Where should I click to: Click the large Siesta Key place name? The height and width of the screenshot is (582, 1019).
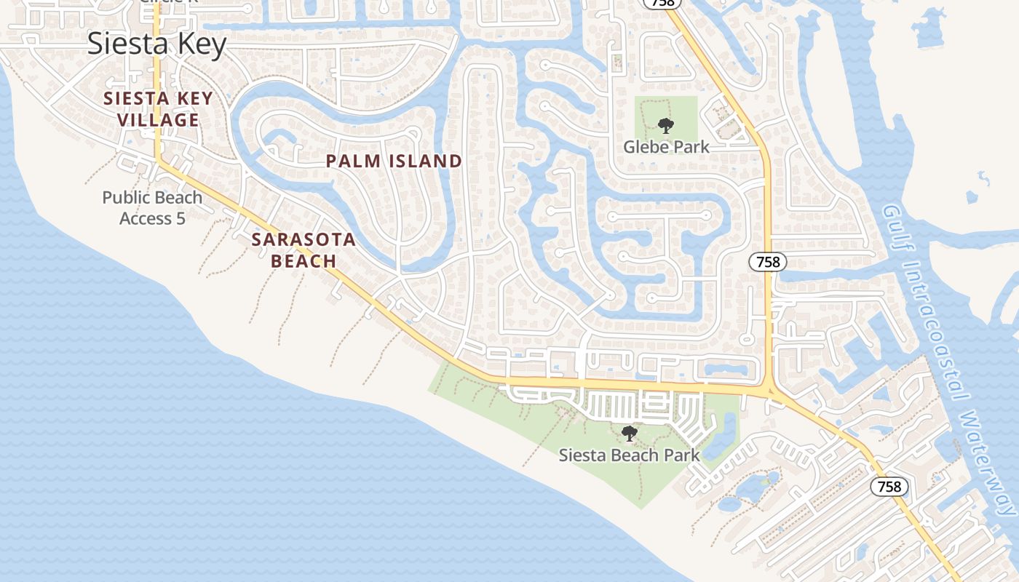(157, 44)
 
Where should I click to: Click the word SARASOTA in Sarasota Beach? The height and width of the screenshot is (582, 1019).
(304, 240)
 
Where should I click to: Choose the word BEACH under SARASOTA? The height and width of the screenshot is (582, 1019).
(304, 261)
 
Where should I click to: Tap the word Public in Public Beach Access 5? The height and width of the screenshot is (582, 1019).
(125, 198)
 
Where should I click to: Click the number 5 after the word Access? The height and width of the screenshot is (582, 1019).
(180, 218)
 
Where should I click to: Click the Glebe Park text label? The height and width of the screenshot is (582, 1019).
(666, 147)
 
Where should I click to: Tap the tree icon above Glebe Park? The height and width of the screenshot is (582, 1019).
(665, 126)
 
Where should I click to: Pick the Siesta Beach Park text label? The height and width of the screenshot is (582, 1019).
(629, 455)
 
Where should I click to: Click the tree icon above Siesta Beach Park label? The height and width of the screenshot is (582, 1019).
(630, 434)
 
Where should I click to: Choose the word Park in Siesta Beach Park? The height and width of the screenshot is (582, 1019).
(681, 455)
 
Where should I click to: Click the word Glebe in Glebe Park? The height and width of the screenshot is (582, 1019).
(643, 147)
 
